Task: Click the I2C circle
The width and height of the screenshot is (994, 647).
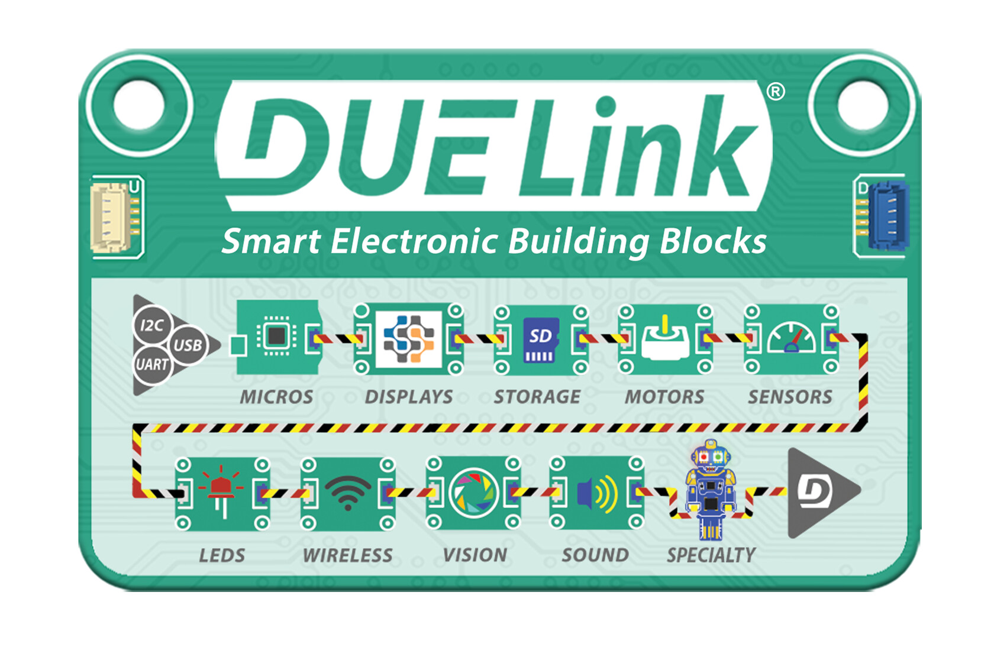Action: pyautogui.click(x=152, y=325)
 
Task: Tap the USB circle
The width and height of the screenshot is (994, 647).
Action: pyautogui.click(x=188, y=344)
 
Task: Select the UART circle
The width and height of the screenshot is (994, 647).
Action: pyautogui.click(x=152, y=364)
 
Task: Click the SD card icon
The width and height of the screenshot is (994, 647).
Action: pyautogui.click(x=540, y=340)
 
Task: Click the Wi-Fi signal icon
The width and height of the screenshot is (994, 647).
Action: pyautogui.click(x=348, y=492)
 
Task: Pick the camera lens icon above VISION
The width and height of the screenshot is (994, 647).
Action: pyautogui.click(x=473, y=492)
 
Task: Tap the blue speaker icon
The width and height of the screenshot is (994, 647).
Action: pyautogui.click(x=596, y=493)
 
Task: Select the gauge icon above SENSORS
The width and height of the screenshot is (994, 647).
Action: pyautogui.click(x=790, y=338)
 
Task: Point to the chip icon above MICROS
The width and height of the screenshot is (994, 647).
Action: pyautogui.click(x=276, y=337)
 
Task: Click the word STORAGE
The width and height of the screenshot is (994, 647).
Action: pyautogui.click(x=537, y=397)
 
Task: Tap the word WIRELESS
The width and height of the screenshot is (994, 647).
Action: pyautogui.click(x=348, y=555)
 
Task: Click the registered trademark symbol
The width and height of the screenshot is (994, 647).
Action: pyautogui.click(x=776, y=92)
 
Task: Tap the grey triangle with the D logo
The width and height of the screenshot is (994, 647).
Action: pyautogui.click(x=819, y=492)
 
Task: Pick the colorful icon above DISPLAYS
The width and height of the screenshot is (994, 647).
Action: pyautogui.click(x=409, y=338)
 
